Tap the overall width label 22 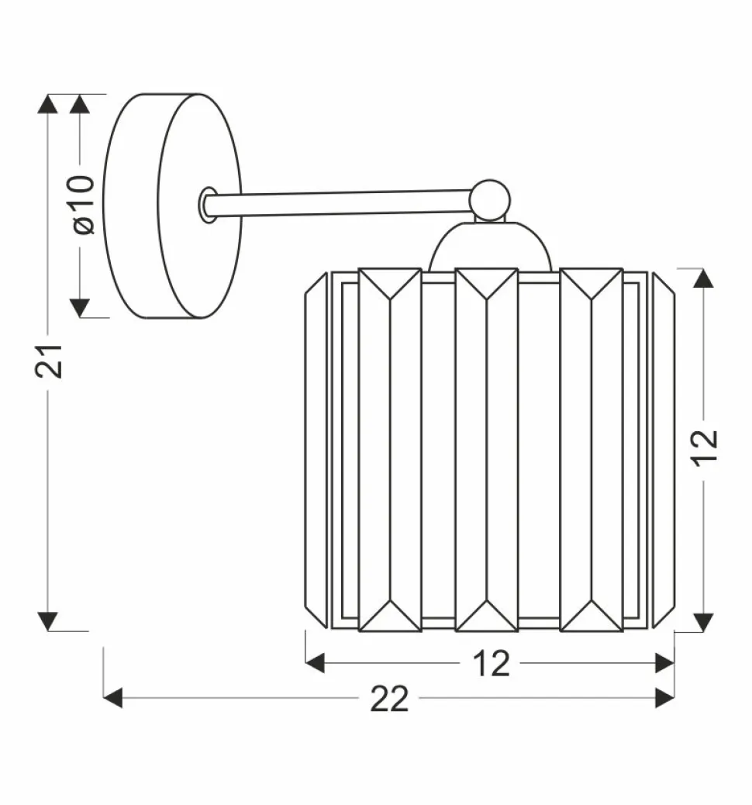coord(388,699)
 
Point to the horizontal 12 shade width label coord(491,663)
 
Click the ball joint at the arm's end coord(490,199)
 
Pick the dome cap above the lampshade coord(490,247)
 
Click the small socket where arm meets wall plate coord(208,205)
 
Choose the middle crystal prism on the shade coord(486,450)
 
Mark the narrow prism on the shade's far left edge coord(316,450)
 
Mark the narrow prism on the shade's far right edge coord(663,450)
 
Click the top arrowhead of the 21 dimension coord(48,104)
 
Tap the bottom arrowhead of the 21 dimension coord(48,620)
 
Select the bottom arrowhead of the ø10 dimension coord(80,308)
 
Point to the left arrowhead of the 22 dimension coord(113,698)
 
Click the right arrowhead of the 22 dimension coord(664,698)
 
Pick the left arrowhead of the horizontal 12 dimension coord(315,663)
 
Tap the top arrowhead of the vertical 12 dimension coord(703,278)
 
